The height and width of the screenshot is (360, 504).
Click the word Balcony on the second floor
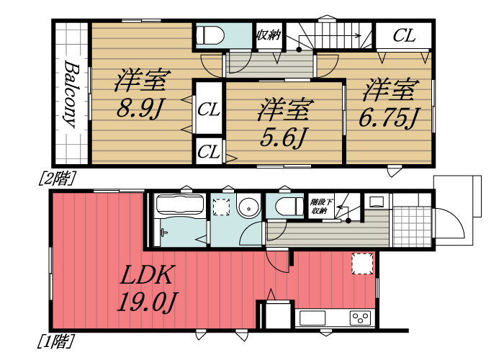pyautogui.click(x=71, y=94)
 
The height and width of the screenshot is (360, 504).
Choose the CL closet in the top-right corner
pyautogui.click(x=404, y=35)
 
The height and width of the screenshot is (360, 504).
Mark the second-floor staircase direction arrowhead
pyautogui.click(x=358, y=35)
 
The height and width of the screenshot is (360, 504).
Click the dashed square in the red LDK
pyautogui.click(x=362, y=264)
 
